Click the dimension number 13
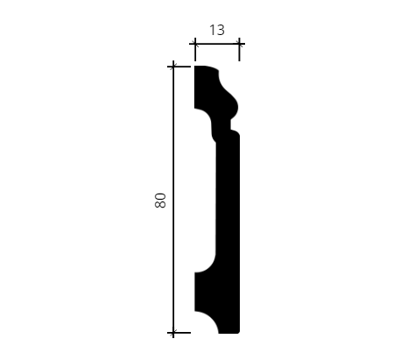pos(217,30)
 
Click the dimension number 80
pos(160,201)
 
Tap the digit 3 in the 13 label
pos(221,30)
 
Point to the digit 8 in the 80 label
pos(160,204)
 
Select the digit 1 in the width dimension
pos(212,30)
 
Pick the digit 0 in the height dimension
pos(160,196)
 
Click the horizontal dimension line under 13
pos(217,44)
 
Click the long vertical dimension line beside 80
pos(173,200)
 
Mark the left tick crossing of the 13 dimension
pos(195,44)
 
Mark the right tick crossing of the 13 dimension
pos(239,44)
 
